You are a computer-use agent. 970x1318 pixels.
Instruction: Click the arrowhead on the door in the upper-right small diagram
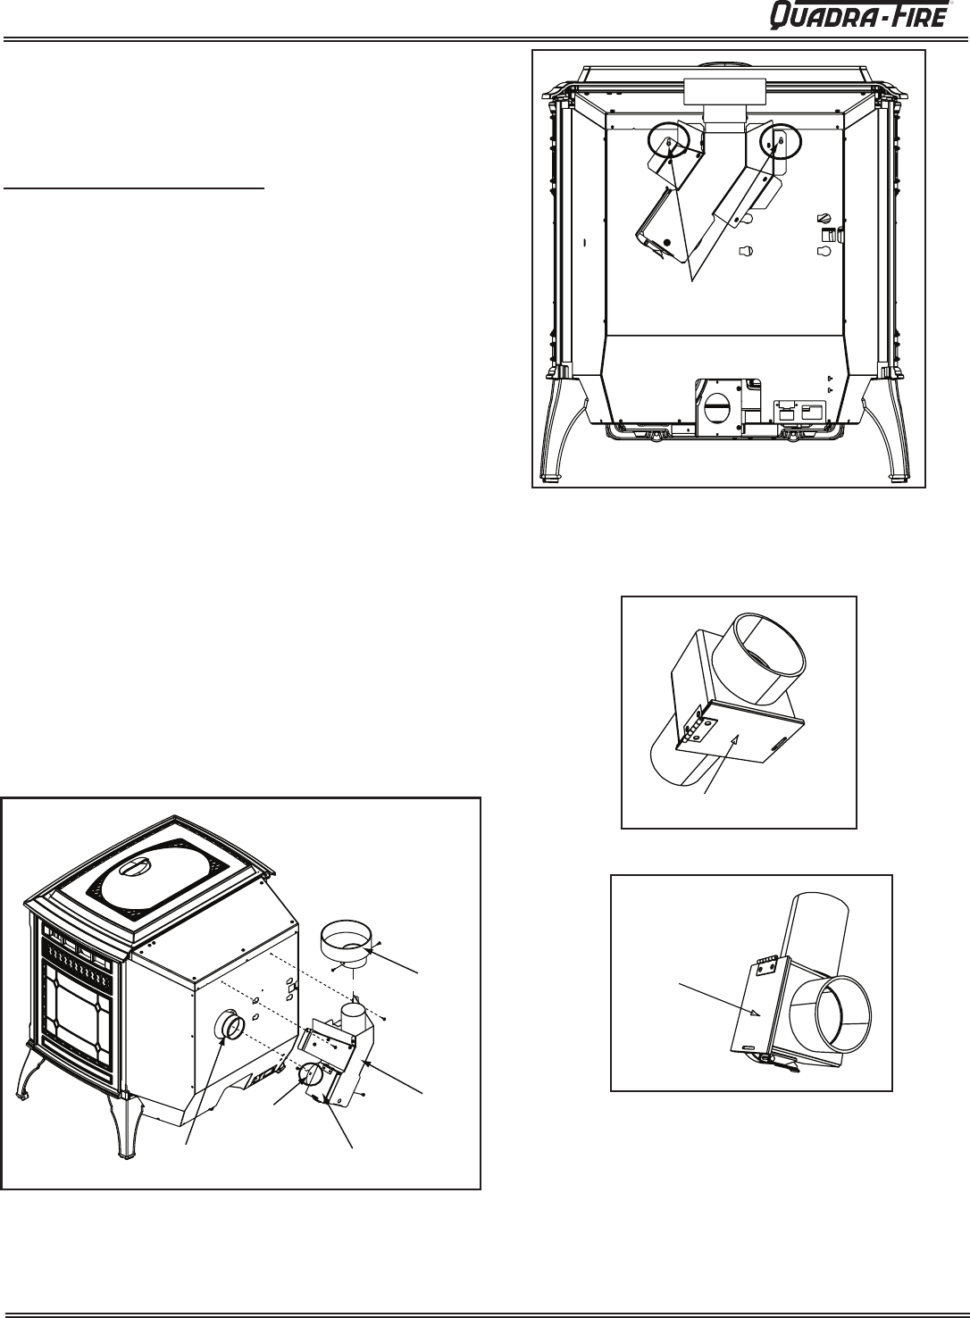(735, 738)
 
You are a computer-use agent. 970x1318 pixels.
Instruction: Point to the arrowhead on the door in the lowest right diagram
(757, 1013)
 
